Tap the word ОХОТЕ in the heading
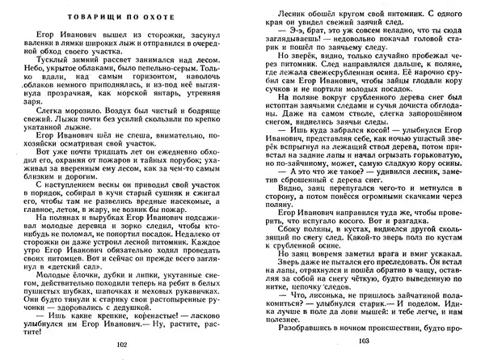click(x=183, y=15)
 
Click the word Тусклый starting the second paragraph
click(x=41, y=59)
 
